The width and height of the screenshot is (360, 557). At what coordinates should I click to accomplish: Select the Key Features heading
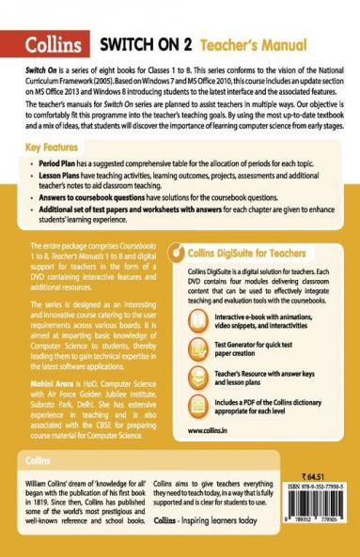point(57,147)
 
